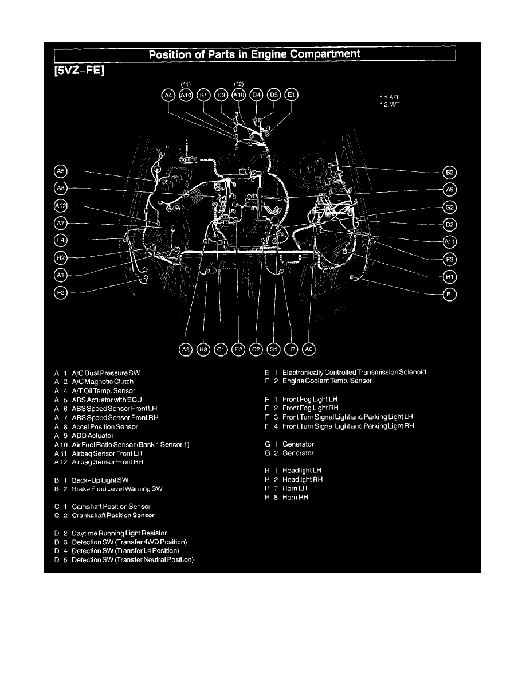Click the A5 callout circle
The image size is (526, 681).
[x=60, y=171]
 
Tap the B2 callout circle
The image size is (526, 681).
[x=450, y=172]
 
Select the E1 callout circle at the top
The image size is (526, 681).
[x=292, y=95]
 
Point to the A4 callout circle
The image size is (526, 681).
[x=168, y=95]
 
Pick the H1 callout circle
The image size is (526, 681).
[x=450, y=277]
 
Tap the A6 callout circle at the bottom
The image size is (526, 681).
[x=309, y=349]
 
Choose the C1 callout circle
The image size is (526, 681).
[x=221, y=349]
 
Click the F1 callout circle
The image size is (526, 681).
[x=450, y=295]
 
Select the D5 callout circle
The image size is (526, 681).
[x=274, y=95]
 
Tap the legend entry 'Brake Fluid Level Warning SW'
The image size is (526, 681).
[x=113, y=488]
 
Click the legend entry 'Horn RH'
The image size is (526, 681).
[x=295, y=497]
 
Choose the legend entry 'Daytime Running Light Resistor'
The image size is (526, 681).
[x=119, y=533]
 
